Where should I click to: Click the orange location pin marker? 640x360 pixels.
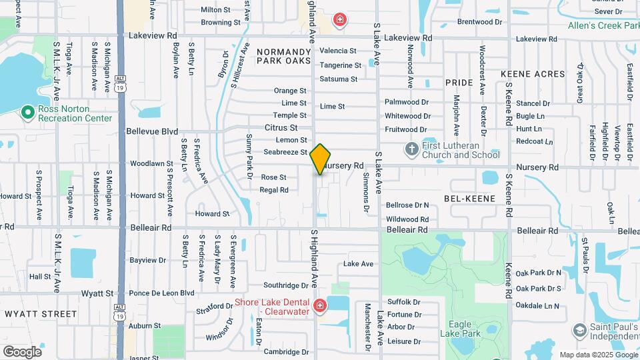point(320,159)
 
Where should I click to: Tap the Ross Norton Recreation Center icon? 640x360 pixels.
point(27,112)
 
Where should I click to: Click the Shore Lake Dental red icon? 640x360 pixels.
point(321,306)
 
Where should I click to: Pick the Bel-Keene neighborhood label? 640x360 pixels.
point(469,199)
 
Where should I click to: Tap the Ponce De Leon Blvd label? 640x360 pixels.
point(161,293)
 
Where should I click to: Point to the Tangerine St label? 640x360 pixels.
point(340,65)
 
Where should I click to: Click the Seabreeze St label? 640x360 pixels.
point(285,152)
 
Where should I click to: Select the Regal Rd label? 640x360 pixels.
point(274,190)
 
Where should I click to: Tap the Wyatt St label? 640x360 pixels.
point(97,293)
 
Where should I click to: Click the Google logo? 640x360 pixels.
point(22,351)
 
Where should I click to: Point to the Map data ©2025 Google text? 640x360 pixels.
point(597,355)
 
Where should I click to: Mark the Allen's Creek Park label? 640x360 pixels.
point(603,26)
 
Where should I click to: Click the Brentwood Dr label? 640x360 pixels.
point(475,22)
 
